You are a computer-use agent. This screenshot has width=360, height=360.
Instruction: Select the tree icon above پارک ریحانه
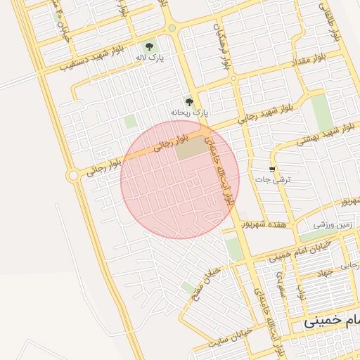tap(188, 101)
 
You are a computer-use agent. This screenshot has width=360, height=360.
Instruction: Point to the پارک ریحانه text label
tap(190, 112)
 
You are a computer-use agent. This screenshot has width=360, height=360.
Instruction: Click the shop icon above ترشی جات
tap(272, 169)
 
